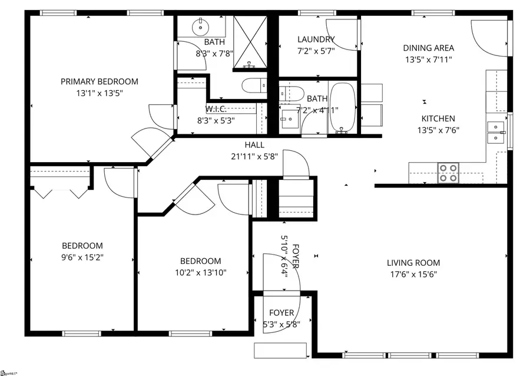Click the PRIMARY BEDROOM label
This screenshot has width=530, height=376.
[x=100, y=81]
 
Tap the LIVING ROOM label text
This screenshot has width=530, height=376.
[x=413, y=263]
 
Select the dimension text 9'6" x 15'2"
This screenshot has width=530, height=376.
[x=82, y=257]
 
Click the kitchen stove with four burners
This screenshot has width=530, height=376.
[x=448, y=172]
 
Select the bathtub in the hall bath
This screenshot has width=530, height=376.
[x=342, y=108]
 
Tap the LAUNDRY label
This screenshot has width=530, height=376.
[x=316, y=39]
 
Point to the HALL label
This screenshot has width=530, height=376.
[x=254, y=145]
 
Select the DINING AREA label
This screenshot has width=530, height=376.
[x=428, y=48]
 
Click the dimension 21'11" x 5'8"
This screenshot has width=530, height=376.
[x=254, y=156]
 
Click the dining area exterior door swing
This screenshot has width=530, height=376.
[x=489, y=37]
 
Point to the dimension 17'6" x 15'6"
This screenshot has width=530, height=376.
[x=413, y=273]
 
